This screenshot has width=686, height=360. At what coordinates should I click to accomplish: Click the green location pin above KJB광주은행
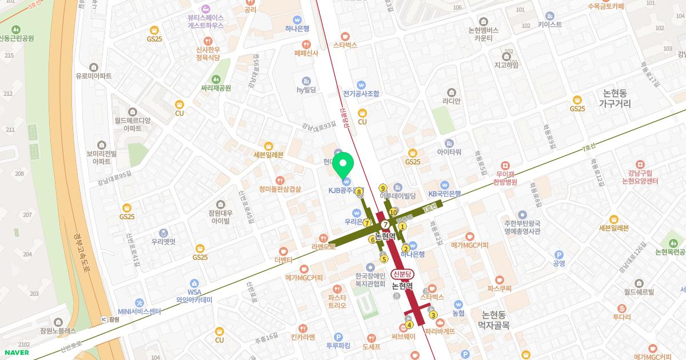pyautogui.click(x=344, y=165)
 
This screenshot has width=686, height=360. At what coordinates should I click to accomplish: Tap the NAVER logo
pyautogui.click(x=15, y=352)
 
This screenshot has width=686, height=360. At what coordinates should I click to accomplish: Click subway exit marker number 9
pyautogui.click(x=382, y=188)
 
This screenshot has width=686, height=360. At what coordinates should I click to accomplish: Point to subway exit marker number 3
pyautogui.click(x=433, y=315)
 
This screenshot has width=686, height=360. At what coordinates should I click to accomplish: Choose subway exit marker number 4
pyautogui.click(x=409, y=325)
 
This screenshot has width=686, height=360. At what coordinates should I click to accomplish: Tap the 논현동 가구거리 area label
pyautogui.click(x=615, y=98)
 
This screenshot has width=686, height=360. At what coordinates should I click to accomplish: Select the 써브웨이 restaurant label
pyautogui.click(x=404, y=336)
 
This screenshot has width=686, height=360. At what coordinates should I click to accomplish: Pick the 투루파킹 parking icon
pyautogui.click(x=338, y=337)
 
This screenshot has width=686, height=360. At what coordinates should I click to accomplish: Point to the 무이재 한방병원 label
pyautogui.click(x=506, y=178)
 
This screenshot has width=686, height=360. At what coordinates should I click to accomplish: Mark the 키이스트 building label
pyautogui.click(x=550, y=25)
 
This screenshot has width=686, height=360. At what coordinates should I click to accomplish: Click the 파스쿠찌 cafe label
pyautogui.click(x=499, y=289)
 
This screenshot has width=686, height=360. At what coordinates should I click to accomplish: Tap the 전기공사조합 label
pyautogui.click(x=361, y=93)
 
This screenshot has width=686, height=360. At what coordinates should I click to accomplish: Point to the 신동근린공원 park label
pyautogui.click(x=17, y=38)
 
